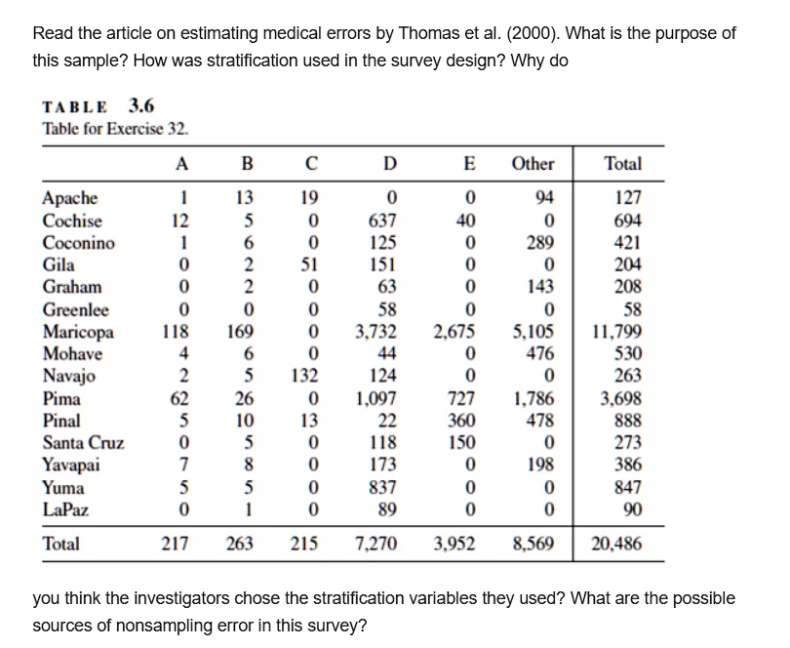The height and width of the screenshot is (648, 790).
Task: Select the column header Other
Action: click(x=533, y=163)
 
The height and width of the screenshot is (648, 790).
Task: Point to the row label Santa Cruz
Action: click(x=83, y=443)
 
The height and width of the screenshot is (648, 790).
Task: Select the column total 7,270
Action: click(x=372, y=544)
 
